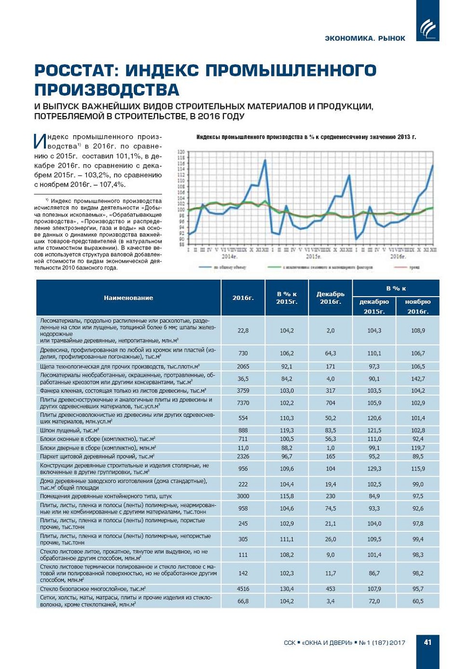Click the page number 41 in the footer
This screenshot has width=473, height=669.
click(x=428, y=642)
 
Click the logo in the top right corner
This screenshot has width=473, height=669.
click(x=428, y=28)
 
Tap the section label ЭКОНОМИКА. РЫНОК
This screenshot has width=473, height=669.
click(x=365, y=38)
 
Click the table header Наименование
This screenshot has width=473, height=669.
click(x=128, y=298)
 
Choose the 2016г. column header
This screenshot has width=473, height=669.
click(x=243, y=298)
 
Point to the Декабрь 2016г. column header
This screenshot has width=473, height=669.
click(x=330, y=298)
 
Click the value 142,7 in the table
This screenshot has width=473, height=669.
click(x=417, y=379)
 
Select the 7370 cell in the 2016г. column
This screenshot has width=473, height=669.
click(x=243, y=403)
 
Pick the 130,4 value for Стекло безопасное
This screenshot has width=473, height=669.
click(x=287, y=589)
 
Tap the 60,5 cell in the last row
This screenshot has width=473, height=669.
click(x=417, y=601)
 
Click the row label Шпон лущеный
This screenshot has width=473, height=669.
click(x=70, y=430)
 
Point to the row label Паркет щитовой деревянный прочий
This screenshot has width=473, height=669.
click(x=97, y=456)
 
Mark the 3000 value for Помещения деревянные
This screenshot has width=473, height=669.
click(x=243, y=496)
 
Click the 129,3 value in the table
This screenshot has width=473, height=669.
click(x=374, y=469)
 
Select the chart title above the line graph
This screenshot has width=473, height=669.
click(x=306, y=137)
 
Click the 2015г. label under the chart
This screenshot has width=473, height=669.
click(x=313, y=256)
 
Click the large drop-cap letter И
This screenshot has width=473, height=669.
click(x=40, y=142)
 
